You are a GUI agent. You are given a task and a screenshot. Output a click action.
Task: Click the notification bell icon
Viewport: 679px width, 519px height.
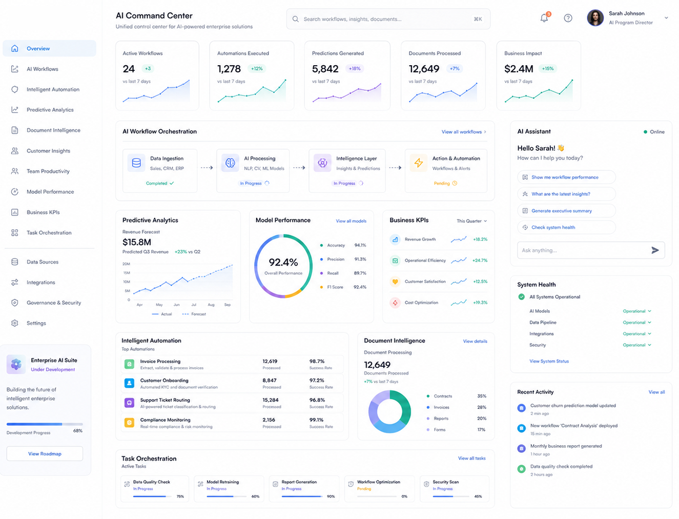tap(544, 18)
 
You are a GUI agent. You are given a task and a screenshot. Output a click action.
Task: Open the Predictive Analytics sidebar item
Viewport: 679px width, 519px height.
tap(50, 110)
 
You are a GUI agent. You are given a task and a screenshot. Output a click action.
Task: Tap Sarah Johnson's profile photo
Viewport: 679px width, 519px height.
tap(595, 17)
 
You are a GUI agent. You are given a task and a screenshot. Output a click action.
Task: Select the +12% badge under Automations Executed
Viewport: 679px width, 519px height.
tap(256, 69)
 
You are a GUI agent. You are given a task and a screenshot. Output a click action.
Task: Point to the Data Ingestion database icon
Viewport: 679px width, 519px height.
tap(136, 163)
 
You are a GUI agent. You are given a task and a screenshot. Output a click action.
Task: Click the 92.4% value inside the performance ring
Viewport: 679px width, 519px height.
tap(283, 263)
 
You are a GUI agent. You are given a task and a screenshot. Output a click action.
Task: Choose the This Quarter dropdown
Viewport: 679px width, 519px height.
tap(471, 221)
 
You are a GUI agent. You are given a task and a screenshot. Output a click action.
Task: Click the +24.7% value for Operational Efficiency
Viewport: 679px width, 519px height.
tap(480, 261)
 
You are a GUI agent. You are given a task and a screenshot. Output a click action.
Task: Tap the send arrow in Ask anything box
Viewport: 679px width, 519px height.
tap(655, 250)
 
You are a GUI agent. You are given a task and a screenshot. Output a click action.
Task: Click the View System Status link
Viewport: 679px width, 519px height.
tap(549, 361)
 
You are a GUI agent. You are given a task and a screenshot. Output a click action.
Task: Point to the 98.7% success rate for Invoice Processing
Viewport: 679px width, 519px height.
tap(317, 361)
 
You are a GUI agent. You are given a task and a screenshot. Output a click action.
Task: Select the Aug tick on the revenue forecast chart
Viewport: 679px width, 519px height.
tap(211, 305)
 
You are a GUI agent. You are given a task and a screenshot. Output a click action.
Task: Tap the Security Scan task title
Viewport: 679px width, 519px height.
tap(445, 482)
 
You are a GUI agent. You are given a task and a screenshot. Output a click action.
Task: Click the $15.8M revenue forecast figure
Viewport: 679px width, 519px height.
tap(137, 242)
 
